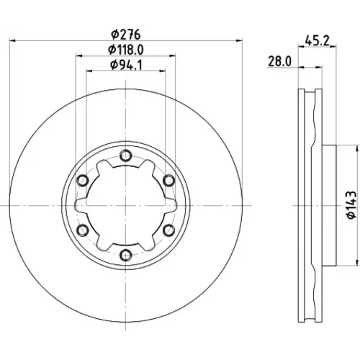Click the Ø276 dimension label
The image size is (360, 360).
126,35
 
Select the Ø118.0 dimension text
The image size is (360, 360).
126,50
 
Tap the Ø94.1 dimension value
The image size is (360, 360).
126,65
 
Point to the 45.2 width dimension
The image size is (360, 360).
317,40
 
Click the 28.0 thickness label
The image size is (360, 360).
279,61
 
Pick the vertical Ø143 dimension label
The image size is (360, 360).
351,204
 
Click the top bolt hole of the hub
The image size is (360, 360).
125,156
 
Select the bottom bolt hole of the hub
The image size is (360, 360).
125,255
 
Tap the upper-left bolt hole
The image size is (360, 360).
82,180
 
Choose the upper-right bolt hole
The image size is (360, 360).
169,180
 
